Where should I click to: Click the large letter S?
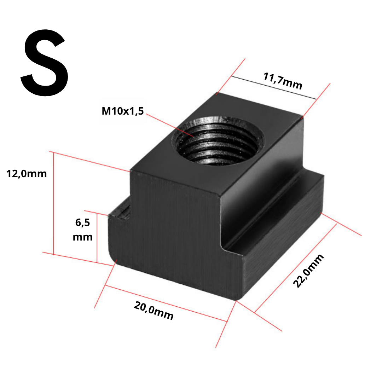[x=44, y=63]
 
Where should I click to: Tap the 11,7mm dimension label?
[x=283, y=81]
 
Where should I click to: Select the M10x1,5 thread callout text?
[x=122, y=111]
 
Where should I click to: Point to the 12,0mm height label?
[x=26, y=174]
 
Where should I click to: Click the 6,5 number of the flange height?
[x=82, y=222]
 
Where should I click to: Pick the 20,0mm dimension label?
[x=154, y=311]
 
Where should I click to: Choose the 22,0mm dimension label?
[x=308, y=271]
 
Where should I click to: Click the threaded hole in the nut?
[x=218, y=141]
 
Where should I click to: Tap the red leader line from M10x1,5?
[x=169, y=125]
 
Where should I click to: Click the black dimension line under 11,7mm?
[x=273, y=88]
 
